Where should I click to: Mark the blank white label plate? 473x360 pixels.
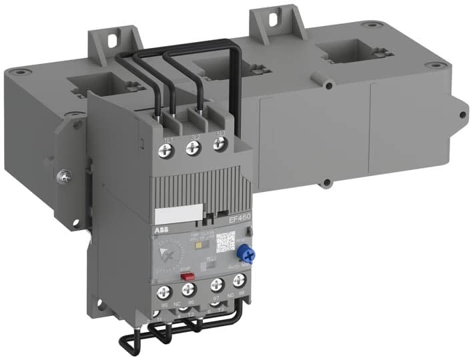(173, 215)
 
